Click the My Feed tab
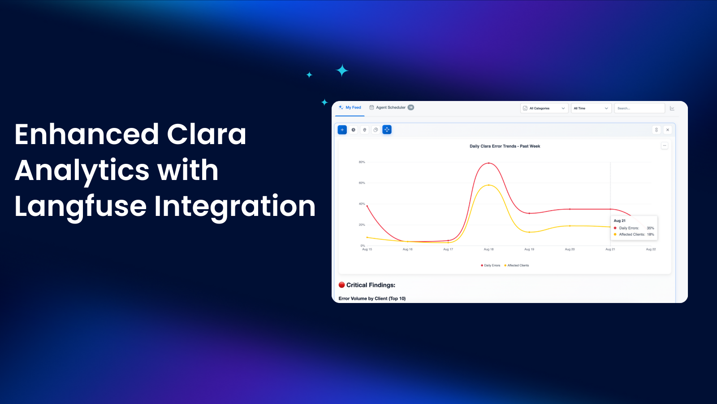click(350, 108)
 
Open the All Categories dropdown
click(544, 108)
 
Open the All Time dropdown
click(591, 108)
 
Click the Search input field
click(639, 108)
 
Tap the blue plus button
click(342, 130)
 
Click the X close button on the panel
click(668, 130)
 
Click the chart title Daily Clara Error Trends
click(505, 146)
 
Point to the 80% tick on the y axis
click(362, 162)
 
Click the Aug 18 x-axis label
click(488, 249)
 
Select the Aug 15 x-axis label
click(367, 249)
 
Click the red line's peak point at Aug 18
click(488, 163)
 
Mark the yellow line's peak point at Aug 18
click(488, 185)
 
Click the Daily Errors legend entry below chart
click(490, 265)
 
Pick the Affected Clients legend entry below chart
click(517, 265)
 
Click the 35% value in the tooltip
click(650, 228)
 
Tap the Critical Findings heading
click(367, 285)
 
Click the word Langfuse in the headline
click(80, 206)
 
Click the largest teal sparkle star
click(342, 70)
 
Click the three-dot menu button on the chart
click(665, 145)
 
